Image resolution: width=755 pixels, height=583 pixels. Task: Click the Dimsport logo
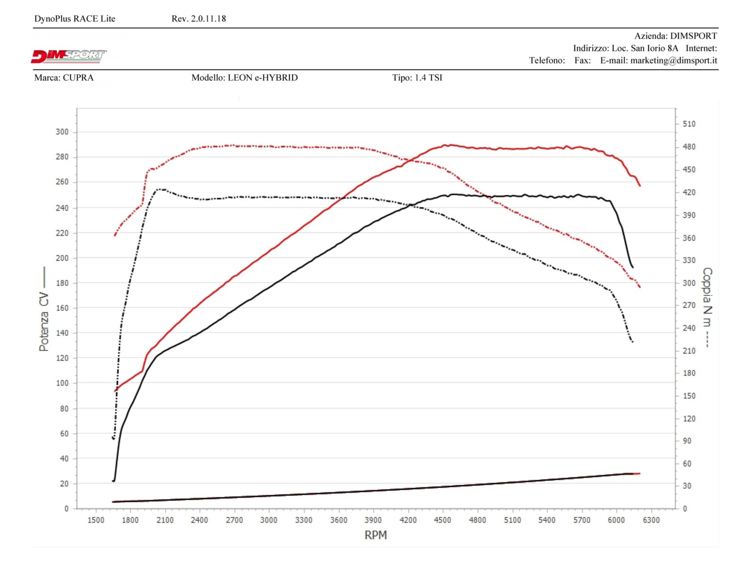click(x=69, y=56)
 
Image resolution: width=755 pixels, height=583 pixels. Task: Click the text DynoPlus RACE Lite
click(x=75, y=19)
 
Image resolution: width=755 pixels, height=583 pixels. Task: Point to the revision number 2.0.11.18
click(x=208, y=19)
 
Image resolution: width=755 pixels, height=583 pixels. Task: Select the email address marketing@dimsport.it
click(x=673, y=60)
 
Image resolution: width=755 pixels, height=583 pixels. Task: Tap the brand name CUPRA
click(x=78, y=78)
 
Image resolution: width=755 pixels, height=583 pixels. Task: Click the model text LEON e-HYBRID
click(x=262, y=78)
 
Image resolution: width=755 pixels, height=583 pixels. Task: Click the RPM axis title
click(x=376, y=535)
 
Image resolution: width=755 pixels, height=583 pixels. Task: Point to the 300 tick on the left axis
click(x=62, y=132)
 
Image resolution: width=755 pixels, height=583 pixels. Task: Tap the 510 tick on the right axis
click(x=689, y=124)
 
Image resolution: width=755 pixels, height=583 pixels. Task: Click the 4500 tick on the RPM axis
click(x=442, y=520)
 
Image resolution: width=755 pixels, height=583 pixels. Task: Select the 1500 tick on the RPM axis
click(x=96, y=520)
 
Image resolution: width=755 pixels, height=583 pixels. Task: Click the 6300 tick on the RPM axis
click(x=651, y=520)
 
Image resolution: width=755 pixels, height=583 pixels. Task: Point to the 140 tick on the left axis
click(x=62, y=333)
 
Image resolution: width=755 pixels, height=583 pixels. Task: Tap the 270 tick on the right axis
click(x=689, y=305)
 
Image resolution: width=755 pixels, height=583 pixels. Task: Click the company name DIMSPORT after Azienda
click(x=693, y=36)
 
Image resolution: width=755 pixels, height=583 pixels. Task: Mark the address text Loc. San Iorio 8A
click(x=645, y=48)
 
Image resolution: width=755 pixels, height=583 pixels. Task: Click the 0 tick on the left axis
click(x=67, y=508)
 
